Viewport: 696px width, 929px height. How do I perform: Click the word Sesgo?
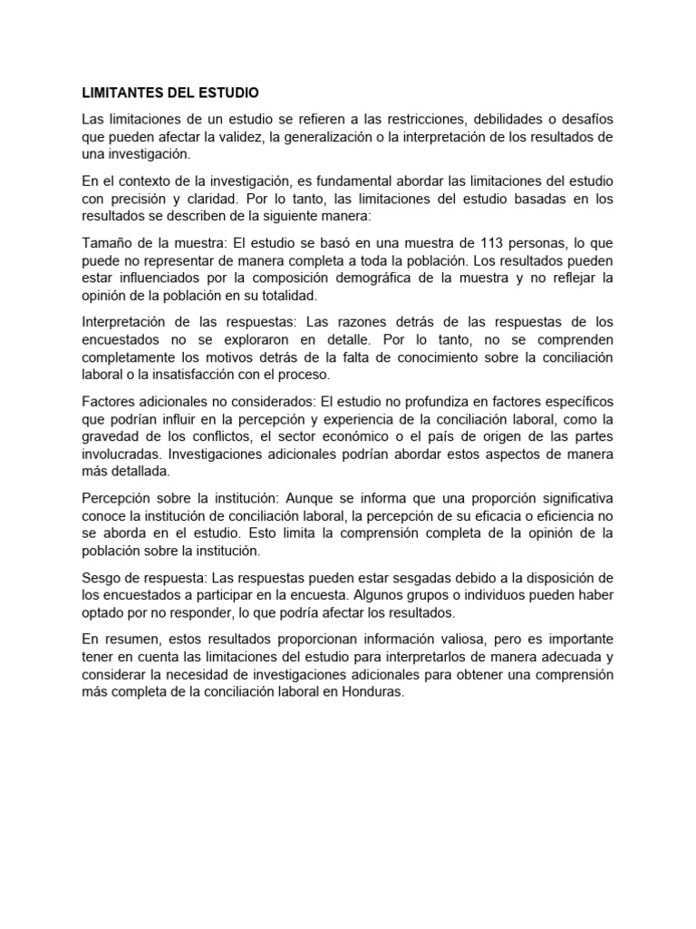point(102,577)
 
